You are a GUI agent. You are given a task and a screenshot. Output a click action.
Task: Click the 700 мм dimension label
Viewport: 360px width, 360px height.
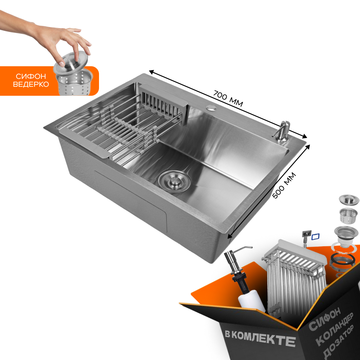click(228, 99)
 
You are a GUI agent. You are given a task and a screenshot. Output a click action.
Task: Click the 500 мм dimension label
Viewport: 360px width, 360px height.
click(284, 185)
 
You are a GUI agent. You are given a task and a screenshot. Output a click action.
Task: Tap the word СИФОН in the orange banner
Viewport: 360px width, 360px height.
click(31, 76)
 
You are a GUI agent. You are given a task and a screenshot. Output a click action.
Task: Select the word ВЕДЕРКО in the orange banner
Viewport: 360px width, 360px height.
click(31, 84)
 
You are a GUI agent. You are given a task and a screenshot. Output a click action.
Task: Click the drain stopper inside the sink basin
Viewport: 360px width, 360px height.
click(175, 181)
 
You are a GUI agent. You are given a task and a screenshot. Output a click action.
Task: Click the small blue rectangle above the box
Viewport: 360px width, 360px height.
click(315, 237)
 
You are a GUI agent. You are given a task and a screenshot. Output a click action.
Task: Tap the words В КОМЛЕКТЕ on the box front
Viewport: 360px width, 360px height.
click(260, 338)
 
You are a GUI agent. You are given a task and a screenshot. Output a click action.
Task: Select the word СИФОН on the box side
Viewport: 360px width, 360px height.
click(324, 319)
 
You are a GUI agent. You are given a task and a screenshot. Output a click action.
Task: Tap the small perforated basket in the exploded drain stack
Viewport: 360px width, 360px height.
click(348, 216)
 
